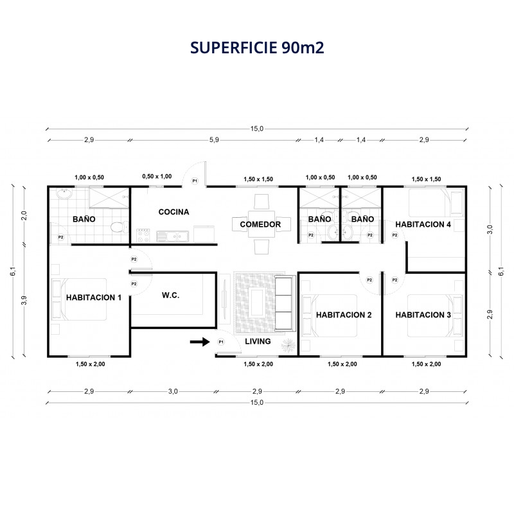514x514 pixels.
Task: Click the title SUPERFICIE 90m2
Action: pyautogui.click(x=257, y=48)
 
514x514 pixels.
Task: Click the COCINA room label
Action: pyautogui.click(x=173, y=212)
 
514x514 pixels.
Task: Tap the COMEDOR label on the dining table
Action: pyautogui.click(x=260, y=224)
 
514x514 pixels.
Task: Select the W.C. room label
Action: pyautogui.click(x=170, y=296)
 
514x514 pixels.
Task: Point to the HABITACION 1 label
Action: pyautogui.click(x=94, y=297)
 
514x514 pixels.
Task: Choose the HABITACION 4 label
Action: pyautogui.click(x=423, y=224)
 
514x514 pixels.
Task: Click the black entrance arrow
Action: pyautogui.click(x=200, y=342)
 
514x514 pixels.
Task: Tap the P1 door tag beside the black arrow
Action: pyautogui.click(x=221, y=342)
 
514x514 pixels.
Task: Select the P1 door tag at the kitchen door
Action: pyautogui.click(x=195, y=181)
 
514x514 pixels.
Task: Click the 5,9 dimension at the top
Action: pyautogui.click(x=214, y=140)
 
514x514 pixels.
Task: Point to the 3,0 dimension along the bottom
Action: pyautogui.click(x=173, y=391)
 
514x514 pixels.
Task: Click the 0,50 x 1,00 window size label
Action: pyautogui.click(x=157, y=176)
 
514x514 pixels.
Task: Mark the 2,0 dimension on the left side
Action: pyautogui.click(x=24, y=216)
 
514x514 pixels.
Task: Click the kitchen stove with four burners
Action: pyautogui.click(x=143, y=236)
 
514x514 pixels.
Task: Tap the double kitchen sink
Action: pyautogui.click(x=172, y=236)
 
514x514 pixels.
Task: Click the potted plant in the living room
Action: pyautogui.click(x=288, y=345)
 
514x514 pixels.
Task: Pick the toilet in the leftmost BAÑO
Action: pyautogui.click(x=120, y=227)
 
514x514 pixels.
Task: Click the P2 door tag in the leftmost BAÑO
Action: pyautogui.click(x=60, y=237)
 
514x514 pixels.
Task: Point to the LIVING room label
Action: pyautogui.click(x=258, y=342)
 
